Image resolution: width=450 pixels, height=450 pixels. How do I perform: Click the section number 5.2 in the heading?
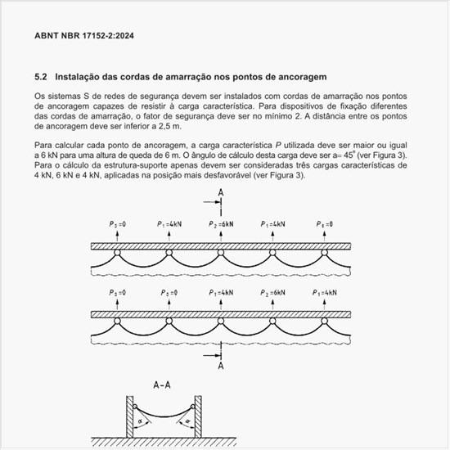(x=41, y=77)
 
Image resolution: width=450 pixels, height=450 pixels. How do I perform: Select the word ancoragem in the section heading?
(x=298, y=77)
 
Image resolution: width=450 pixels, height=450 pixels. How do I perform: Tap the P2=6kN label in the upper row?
(x=221, y=223)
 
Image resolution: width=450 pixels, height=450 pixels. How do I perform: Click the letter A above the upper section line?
(x=221, y=193)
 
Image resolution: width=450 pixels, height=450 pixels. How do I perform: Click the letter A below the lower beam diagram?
(x=221, y=368)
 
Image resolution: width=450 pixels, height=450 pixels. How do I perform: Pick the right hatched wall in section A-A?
(x=199, y=417)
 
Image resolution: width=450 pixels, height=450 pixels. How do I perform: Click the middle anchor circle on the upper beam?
(x=221, y=253)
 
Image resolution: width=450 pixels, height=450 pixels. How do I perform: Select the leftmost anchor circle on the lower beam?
(x=117, y=322)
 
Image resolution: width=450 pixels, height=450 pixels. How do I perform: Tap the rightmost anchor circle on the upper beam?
(x=325, y=253)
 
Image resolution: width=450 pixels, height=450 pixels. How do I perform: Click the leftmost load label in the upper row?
(x=117, y=223)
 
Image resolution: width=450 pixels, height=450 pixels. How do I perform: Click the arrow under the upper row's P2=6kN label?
(x=221, y=235)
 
